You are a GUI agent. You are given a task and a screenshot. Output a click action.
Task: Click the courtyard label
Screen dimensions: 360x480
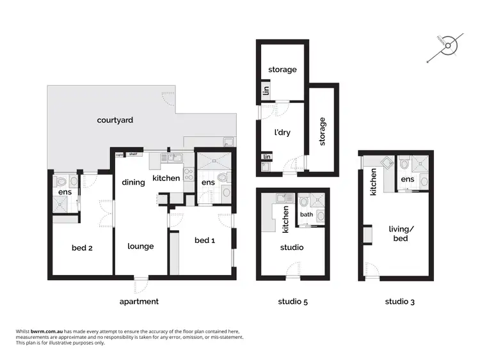pyautogui.click(x=115, y=120)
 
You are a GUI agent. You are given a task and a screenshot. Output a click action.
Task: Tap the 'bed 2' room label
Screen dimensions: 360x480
pyautogui.click(x=83, y=247)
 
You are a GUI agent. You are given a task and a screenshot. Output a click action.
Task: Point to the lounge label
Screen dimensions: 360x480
pyautogui.click(x=140, y=246)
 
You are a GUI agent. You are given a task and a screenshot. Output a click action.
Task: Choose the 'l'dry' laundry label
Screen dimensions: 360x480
pyautogui.click(x=282, y=133)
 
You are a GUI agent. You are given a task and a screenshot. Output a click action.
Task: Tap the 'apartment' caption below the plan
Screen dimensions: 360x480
pyautogui.click(x=139, y=301)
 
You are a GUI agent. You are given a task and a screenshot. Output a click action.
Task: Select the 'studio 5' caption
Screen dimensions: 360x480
pyautogui.click(x=292, y=301)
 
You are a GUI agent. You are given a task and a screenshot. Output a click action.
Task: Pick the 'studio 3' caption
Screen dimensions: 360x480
pyautogui.click(x=399, y=301)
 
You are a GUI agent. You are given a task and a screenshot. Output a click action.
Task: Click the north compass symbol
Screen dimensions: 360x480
pyautogui.click(x=450, y=45)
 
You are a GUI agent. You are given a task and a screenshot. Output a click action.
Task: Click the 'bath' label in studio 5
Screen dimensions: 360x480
pyautogui.click(x=307, y=215)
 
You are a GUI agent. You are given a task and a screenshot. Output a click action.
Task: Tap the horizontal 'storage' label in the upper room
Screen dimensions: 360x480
pyautogui.click(x=282, y=70)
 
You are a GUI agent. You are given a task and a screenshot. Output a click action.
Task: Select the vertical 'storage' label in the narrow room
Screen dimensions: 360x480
pyautogui.click(x=323, y=130)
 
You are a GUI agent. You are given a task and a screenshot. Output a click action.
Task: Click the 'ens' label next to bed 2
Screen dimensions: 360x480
pyautogui.click(x=65, y=192)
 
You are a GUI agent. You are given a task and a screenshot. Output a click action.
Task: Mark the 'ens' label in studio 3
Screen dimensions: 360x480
pyautogui.click(x=408, y=180)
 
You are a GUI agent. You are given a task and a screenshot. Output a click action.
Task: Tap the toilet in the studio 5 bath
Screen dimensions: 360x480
pyautogui.click(x=304, y=200)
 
